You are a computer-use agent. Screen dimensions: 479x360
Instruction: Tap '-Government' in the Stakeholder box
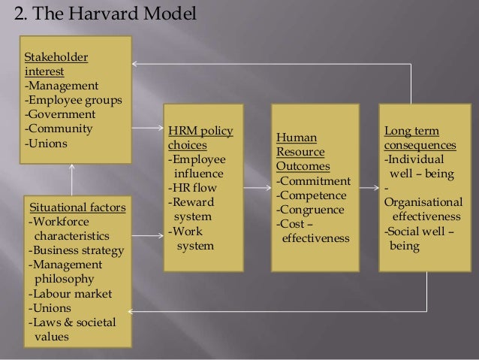pos(60,114)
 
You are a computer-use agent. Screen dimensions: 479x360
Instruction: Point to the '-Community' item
pos(59,129)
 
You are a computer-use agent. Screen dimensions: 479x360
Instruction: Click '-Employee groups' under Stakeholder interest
pos(74,100)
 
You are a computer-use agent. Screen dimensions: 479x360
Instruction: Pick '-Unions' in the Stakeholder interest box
pos(46,143)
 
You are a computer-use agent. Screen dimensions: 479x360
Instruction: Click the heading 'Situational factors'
pos(77,207)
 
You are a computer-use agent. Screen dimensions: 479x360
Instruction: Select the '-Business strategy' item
pos(77,250)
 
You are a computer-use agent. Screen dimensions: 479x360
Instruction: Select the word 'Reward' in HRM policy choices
pos(194,202)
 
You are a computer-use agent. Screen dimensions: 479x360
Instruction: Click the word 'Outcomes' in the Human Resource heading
pos(302,166)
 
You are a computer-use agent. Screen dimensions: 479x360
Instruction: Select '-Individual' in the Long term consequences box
pos(414,159)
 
